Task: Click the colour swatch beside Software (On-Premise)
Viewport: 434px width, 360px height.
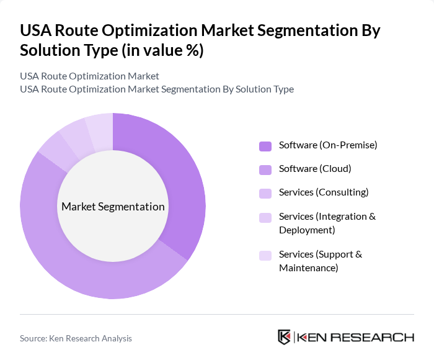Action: tap(265, 146)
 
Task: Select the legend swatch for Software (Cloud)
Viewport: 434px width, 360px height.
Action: tap(265, 169)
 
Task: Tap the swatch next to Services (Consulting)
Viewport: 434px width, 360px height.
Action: tap(265, 193)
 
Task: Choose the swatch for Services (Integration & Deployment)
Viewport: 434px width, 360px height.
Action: tap(265, 217)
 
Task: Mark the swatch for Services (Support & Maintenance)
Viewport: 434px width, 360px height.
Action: tap(265, 255)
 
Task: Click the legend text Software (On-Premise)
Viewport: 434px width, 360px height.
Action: tap(328, 145)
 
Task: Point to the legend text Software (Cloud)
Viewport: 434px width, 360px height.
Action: tap(315, 169)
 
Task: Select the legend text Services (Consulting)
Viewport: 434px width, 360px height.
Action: tap(324, 192)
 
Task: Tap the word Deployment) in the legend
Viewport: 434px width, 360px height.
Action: tap(307, 230)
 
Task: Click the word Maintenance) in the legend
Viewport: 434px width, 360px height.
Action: tap(308, 268)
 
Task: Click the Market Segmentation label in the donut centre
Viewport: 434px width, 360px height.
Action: tap(113, 207)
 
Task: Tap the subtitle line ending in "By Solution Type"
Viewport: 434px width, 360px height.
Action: tap(157, 89)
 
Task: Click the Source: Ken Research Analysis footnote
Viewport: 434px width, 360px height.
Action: tap(76, 338)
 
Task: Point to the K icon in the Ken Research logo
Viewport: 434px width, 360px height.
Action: tap(284, 337)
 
